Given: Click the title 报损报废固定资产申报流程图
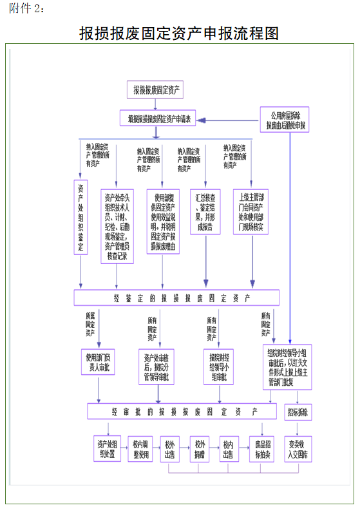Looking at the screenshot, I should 179,32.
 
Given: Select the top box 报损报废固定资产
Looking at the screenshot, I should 156,90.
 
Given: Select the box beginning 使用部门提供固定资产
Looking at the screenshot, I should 163,221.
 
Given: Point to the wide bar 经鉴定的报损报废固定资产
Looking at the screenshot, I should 176,298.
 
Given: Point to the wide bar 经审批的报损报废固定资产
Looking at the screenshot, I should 182,412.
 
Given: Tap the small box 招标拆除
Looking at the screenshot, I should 298,412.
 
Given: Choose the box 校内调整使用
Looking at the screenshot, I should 141,449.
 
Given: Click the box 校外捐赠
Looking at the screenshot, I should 200,449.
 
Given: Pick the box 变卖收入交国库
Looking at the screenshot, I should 298,449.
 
